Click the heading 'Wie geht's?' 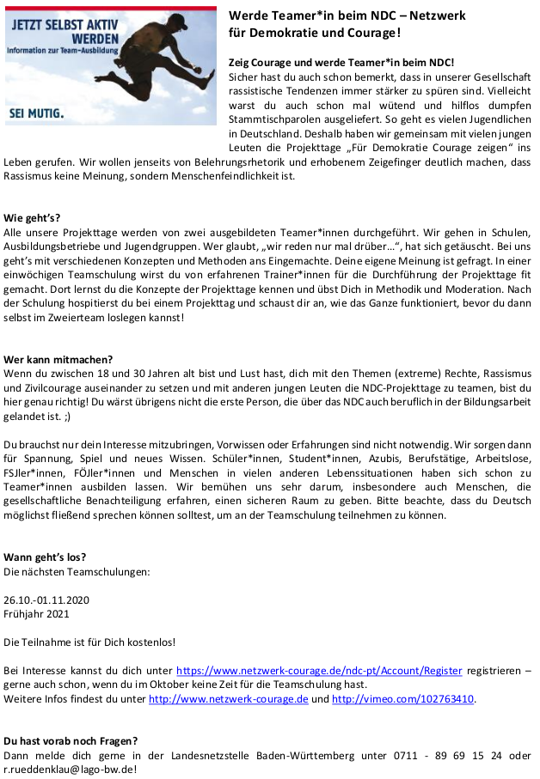[x=32, y=218]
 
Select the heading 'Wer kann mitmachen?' [x=58, y=359]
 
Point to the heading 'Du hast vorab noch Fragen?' [x=71, y=740]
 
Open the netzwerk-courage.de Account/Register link [x=319, y=670]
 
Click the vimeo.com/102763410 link [x=402, y=699]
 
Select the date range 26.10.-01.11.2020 [x=46, y=599]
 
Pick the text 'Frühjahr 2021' [x=35, y=613]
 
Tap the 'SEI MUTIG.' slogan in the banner [x=35, y=112]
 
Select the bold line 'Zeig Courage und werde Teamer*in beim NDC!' [x=341, y=64]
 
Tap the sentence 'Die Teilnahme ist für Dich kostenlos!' [x=89, y=642]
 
